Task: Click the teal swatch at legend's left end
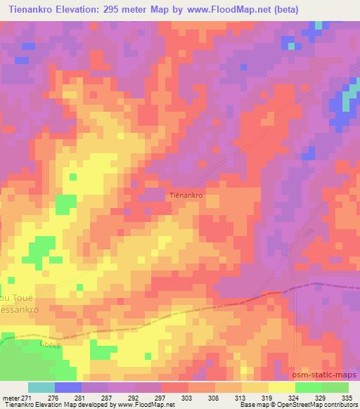tap(41, 387)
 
